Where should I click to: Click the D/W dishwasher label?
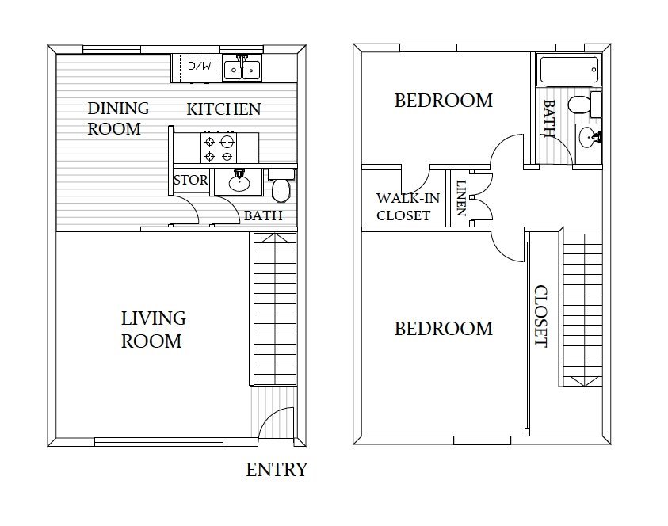pos(195,67)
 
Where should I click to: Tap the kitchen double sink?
pos(242,69)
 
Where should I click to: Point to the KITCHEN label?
pos(223,109)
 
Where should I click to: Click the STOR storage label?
pos(190,180)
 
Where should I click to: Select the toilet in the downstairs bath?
pos(281,188)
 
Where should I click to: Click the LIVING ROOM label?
pos(153,330)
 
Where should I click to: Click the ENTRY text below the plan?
pos(277,470)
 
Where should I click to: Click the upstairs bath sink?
pos(588,138)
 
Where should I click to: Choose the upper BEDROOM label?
pos(443,101)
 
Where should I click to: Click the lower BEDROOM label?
pos(443,328)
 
